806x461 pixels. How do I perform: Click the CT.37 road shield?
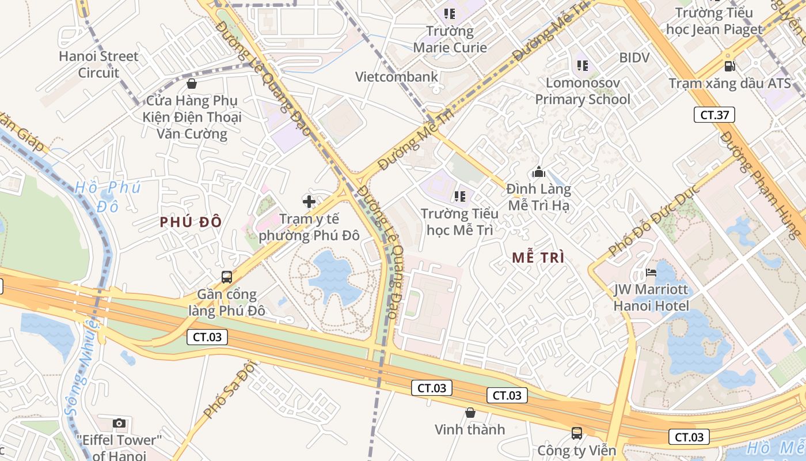coord(714,115)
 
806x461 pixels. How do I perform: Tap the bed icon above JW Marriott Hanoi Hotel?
coord(651,273)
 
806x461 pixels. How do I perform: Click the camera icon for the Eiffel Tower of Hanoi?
coord(119,424)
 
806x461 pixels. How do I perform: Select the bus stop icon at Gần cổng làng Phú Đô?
coord(227,277)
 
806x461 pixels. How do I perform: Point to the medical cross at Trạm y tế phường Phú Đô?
coord(309,202)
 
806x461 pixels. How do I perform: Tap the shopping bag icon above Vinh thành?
coord(470,413)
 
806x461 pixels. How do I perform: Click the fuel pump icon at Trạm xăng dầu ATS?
coord(729,66)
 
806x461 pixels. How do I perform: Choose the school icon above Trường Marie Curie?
coord(450,13)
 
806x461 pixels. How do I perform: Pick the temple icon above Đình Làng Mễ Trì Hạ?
coord(539,172)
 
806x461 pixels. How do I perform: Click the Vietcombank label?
coord(397,77)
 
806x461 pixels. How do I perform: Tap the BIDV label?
coord(634,58)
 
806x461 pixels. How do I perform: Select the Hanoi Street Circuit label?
coord(99,65)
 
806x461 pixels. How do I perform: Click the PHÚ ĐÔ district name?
coord(191,222)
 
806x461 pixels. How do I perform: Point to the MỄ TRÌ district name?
coord(538,258)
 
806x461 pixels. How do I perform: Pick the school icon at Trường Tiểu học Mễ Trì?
coord(459,197)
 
